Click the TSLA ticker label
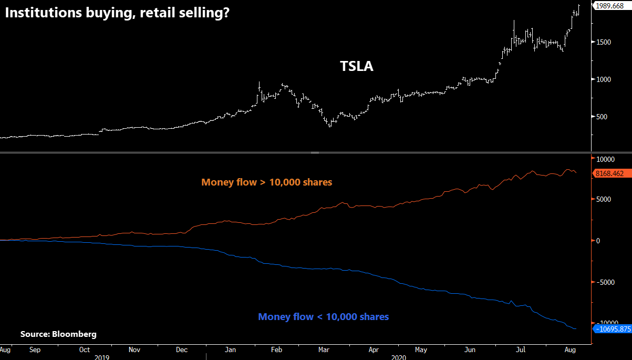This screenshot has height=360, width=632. click(356, 67)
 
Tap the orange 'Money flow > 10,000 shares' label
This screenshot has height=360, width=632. click(266, 182)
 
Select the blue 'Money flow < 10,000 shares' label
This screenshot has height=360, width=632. click(323, 317)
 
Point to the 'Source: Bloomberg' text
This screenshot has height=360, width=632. click(58, 334)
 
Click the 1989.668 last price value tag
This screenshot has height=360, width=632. click(612, 6)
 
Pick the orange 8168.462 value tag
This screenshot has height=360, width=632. click(612, 173)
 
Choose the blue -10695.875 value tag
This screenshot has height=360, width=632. click(612, 329)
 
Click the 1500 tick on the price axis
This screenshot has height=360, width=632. click(604, 42)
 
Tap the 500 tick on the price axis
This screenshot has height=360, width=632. click(603, 117)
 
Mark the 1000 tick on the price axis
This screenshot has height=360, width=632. click(604, 79)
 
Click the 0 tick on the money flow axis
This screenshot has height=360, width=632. click(598, 241)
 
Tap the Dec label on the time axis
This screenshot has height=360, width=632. click(182, 349)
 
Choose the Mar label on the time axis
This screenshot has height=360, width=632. click(324, 349)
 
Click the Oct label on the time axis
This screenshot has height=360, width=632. click(85, 349)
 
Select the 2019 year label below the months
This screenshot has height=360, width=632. click(102, 356)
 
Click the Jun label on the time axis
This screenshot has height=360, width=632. click(470, 349)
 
